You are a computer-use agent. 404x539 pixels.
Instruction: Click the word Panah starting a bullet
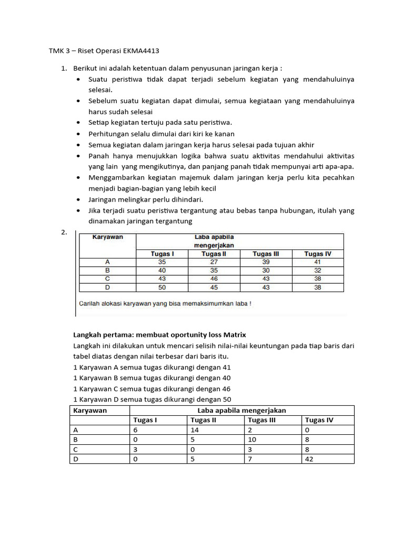(x=98, y=156)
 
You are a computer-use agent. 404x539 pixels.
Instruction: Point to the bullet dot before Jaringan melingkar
(x=78, y=199)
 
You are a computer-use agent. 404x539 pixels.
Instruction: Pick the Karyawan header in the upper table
(x=107, y=237)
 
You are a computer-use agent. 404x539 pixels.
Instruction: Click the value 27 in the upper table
(x=214, y=262)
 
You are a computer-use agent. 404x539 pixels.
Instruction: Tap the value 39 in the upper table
(x=266, y=262)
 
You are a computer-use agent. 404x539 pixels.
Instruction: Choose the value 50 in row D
(x=162, y=287)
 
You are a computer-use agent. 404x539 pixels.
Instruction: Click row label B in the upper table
(x=107, y=271)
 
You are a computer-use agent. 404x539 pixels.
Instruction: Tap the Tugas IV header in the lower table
(x=319, y=420)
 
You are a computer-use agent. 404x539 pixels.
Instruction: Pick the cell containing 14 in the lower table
(x=194, y=430)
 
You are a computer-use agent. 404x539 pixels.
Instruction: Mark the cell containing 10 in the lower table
(x=251, y=440)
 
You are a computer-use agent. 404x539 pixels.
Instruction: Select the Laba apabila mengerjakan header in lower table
(x=241, y=410)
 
